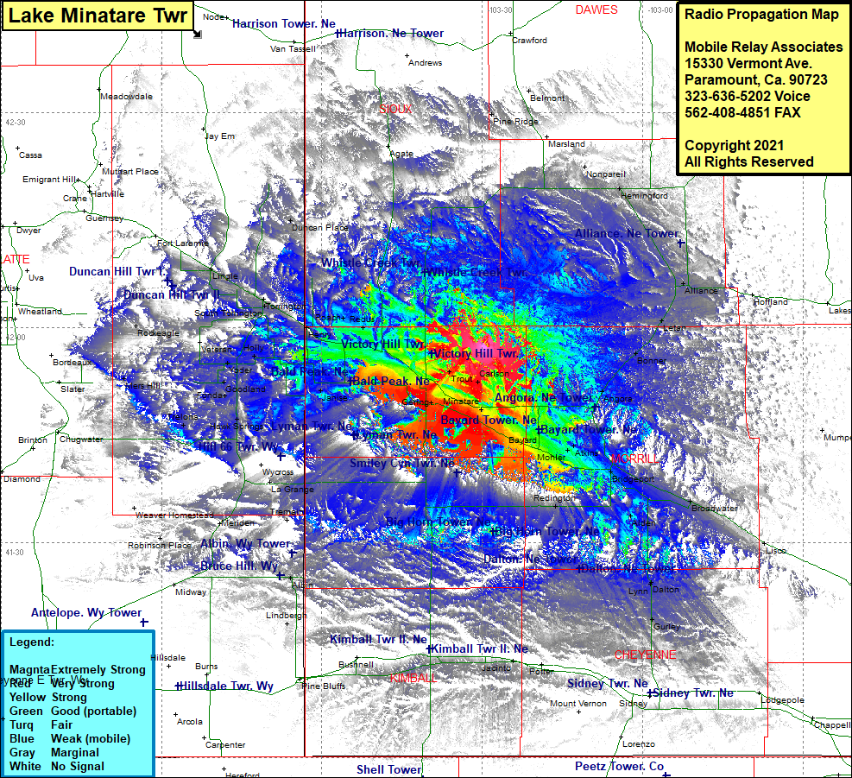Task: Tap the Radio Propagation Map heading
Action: [x=760, y=15]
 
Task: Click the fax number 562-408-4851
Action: [x=742, y=112]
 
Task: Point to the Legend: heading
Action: [x=32, y=642]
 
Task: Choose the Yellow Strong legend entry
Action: [x=48, y=697]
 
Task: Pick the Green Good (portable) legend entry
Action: [x=73, y=711]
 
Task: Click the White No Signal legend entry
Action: [x=57, y=766]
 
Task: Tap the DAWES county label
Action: [x=596, y=9]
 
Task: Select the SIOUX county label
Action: [x=394, y=110]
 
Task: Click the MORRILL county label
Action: [x=634, y=458]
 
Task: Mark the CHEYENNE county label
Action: [x=645, y=655]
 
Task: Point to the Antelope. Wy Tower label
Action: [x=85, y=613]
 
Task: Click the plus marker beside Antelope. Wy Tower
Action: [x=144, y=622]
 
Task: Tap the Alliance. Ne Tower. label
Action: [x=628, y=234]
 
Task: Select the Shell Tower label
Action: [x=388, y=769]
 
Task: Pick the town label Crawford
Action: [x=529, y=41]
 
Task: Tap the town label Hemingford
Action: [x=644, y=196]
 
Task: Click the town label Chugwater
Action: [x=81, y=439]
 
